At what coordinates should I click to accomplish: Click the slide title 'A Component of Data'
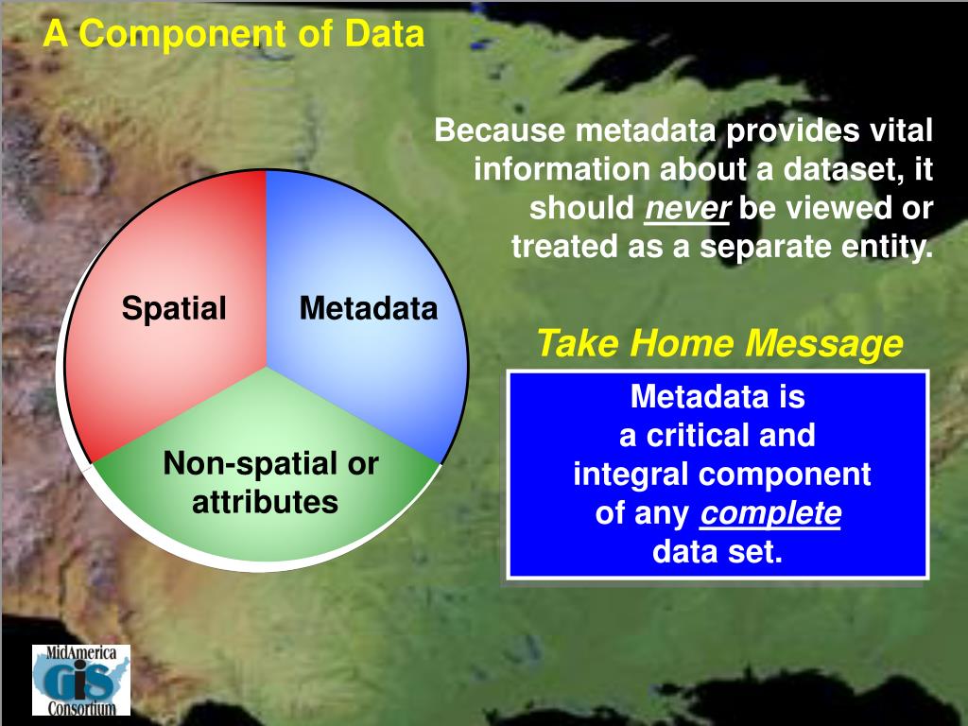pos(234,33)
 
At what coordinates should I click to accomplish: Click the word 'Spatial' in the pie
pos(174,307)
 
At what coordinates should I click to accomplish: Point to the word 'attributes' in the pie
pos(265,502)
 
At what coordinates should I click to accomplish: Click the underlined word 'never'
pos(687,208)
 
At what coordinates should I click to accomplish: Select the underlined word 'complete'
pos(770,513)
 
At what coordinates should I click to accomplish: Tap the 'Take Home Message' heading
pos(719,342)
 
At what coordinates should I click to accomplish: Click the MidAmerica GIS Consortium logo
pos(81,680)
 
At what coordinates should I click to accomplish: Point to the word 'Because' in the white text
pos(499,130)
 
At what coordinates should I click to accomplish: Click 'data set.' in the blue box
pos(717,551)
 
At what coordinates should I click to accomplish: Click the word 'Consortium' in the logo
pos(81,707)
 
